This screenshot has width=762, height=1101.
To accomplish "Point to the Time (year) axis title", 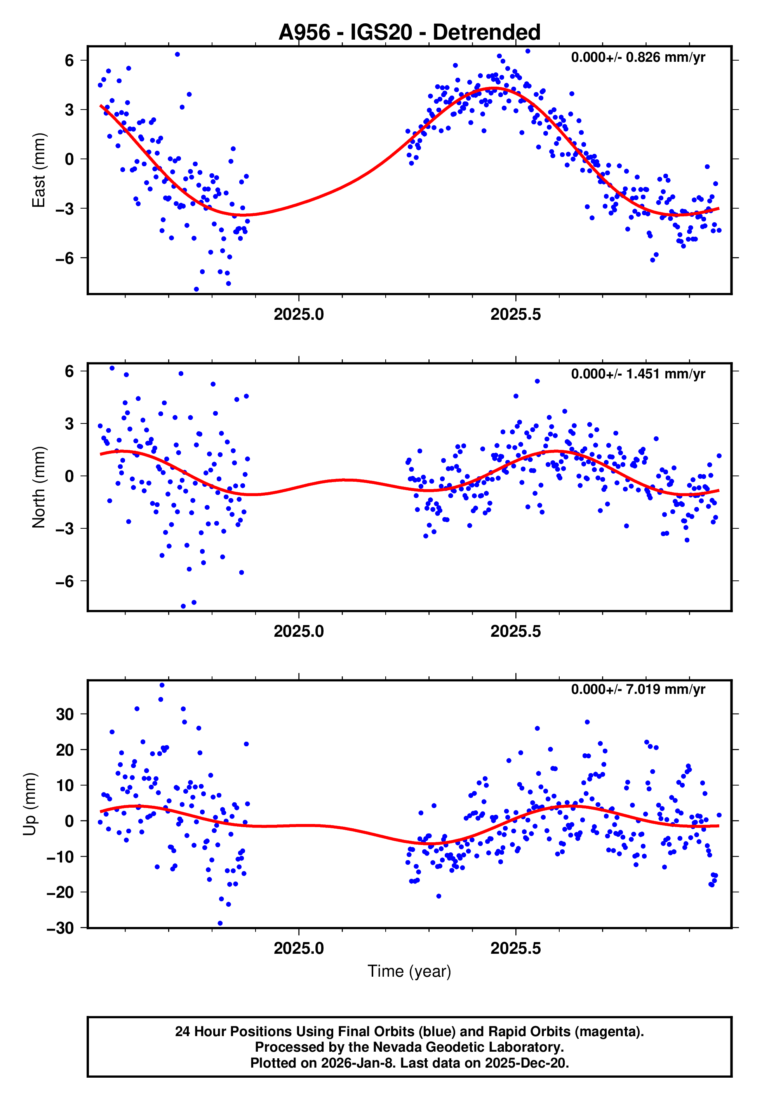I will (409, 971).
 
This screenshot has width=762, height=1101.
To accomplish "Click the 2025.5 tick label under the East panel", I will (516, 315).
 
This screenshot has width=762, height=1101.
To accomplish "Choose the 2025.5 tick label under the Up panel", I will (516, 948).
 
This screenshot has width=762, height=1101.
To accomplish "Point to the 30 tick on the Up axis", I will (65, 714).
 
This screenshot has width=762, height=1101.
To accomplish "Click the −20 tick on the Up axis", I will (61, 892).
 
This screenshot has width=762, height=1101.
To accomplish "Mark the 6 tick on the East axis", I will (70, 61).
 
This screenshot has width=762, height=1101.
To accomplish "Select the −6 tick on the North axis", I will (65, 582).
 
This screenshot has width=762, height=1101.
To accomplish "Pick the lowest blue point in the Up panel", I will (220, 923).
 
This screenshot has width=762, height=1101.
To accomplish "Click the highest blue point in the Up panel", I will (162, 685).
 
